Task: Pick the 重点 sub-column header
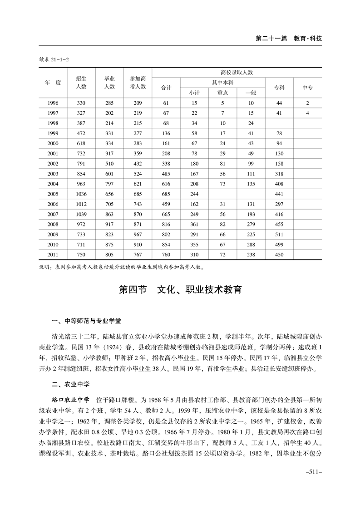[x=222, y=93]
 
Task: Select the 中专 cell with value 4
[x=307, y=113]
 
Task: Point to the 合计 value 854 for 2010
[x=166, y=245]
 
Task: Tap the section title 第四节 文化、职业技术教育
[x=180, y=290]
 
